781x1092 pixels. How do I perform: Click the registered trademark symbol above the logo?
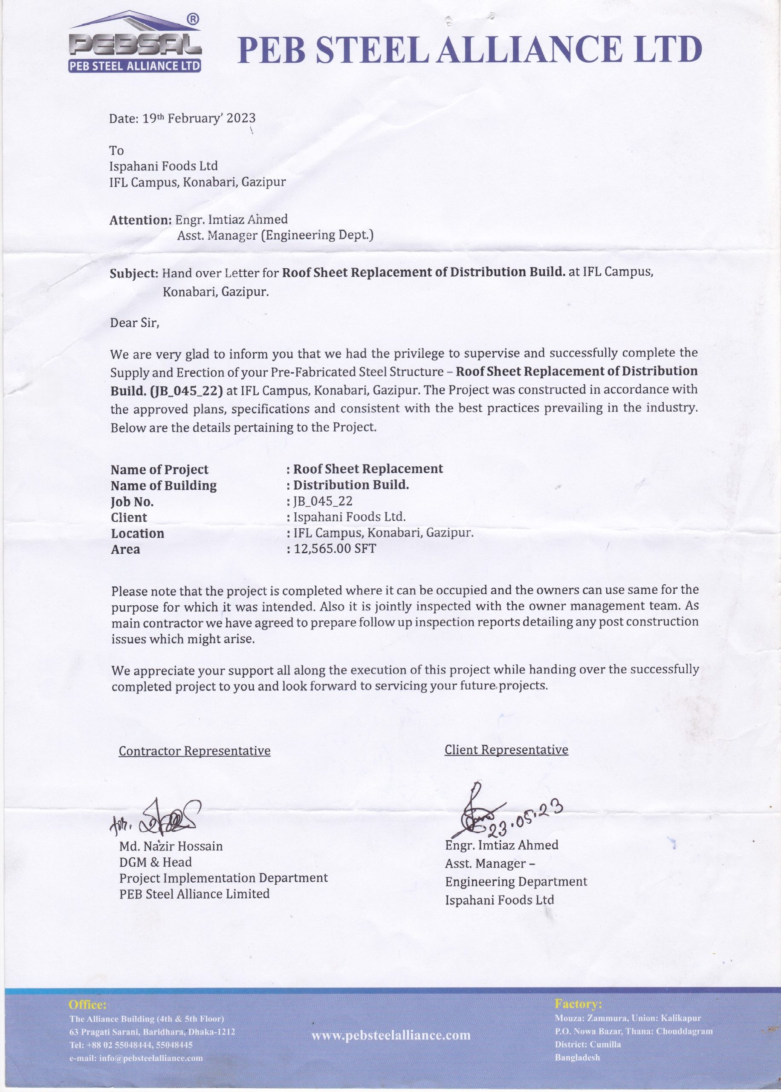point(191,19)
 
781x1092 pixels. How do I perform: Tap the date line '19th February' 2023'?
point(182,118)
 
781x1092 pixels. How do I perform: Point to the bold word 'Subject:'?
point(134,274)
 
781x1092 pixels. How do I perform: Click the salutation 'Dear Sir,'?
point(135,322)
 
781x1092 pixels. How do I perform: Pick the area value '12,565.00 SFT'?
point(334,549)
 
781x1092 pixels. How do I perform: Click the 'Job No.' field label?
point(132,502)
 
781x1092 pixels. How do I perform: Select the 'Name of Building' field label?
point(164,486)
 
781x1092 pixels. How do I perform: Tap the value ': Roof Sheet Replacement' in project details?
point(364,469)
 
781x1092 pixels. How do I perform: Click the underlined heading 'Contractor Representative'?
point(194,751)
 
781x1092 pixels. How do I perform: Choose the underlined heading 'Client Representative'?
point(506,749)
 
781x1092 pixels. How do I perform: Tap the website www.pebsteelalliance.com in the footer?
point(390,1035)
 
